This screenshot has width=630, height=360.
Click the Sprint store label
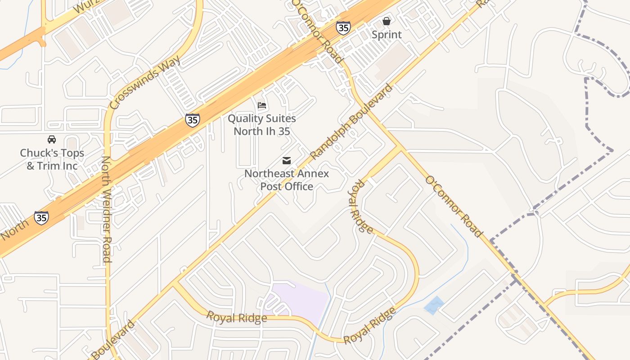[x=387, y=35]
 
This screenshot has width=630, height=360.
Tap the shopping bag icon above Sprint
[x=387, y=21]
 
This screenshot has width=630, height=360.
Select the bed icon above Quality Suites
[x=262, y=106]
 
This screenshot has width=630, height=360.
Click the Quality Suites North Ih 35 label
[x=261, y=125]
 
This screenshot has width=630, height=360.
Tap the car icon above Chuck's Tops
[x=52, y=139]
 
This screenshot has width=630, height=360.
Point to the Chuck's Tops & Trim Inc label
[x=52, y=159]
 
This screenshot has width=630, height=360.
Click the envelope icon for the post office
[x=286, y=161]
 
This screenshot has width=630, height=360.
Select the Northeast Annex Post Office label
[x=287, y=180]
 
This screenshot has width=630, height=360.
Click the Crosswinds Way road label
[x=145, y=82]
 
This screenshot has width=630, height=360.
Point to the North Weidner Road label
[x=106, y=209]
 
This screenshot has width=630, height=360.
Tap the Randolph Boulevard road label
[x=351, y=121]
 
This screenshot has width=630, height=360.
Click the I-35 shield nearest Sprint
[x=343, y=28]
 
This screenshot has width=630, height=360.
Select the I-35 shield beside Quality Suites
[x=193, y=120]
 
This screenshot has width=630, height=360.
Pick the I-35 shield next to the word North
[x=41, y=218]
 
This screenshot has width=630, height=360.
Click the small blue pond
[x=433, y=305]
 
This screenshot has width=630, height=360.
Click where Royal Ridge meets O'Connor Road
[x=399, y=148]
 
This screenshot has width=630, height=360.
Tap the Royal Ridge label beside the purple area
[x=237, y=317]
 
